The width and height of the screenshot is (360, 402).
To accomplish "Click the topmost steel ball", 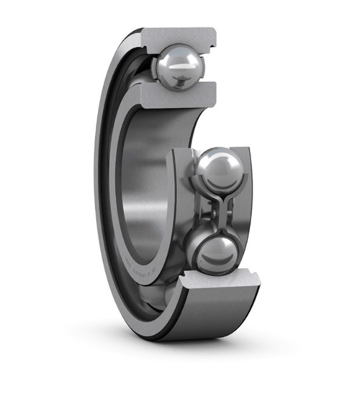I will pyautogui.click(x=179, y=66).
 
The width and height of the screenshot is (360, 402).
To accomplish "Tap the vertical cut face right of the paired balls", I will pyautogui.click(x=248, y=202).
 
